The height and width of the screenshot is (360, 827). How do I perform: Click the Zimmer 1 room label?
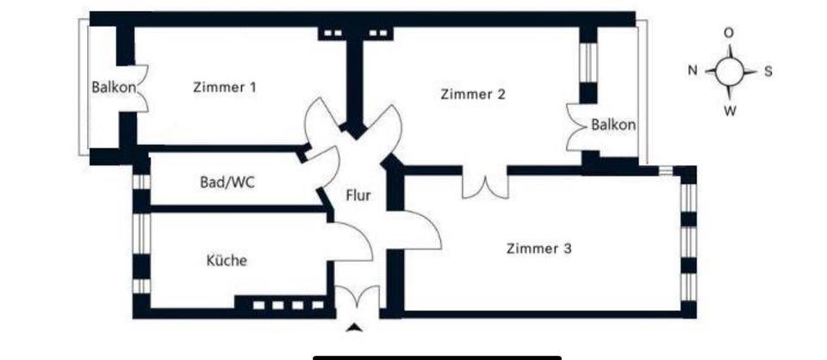(x=225, y=86)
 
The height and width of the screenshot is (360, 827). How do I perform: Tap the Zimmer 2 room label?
(x=472, y=94)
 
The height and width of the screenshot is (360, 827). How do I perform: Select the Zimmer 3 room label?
(x=538, y=249)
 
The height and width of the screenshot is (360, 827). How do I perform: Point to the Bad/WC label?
(x=227, y=182)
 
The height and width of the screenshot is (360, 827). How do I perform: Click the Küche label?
(x=227, y=259)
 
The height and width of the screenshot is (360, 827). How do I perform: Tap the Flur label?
(x=358, y=196)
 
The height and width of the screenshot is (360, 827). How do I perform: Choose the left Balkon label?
(x=112, y=86)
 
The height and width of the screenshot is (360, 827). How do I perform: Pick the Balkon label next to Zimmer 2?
(x=613, y=125)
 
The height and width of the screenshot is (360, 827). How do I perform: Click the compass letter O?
(x=729, y=33)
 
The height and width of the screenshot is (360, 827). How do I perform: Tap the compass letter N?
(x=692, y=71)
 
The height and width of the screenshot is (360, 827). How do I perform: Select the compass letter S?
(x=768, y=71)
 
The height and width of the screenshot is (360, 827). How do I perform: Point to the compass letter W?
(x=729, y=110)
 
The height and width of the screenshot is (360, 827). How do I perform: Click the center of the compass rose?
(x=729, y=71)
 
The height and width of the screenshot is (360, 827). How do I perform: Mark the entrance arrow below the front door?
(x=354, y=327)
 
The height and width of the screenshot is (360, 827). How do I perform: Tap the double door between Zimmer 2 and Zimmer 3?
(x=485, y=184)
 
